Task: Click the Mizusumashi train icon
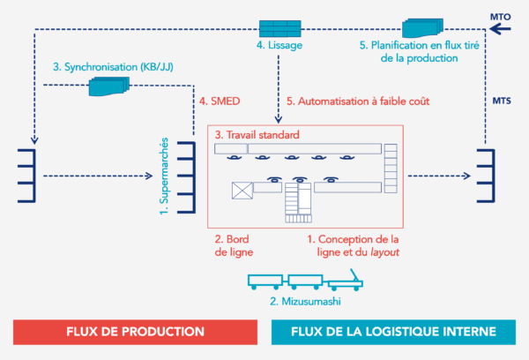304,282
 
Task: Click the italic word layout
383,251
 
